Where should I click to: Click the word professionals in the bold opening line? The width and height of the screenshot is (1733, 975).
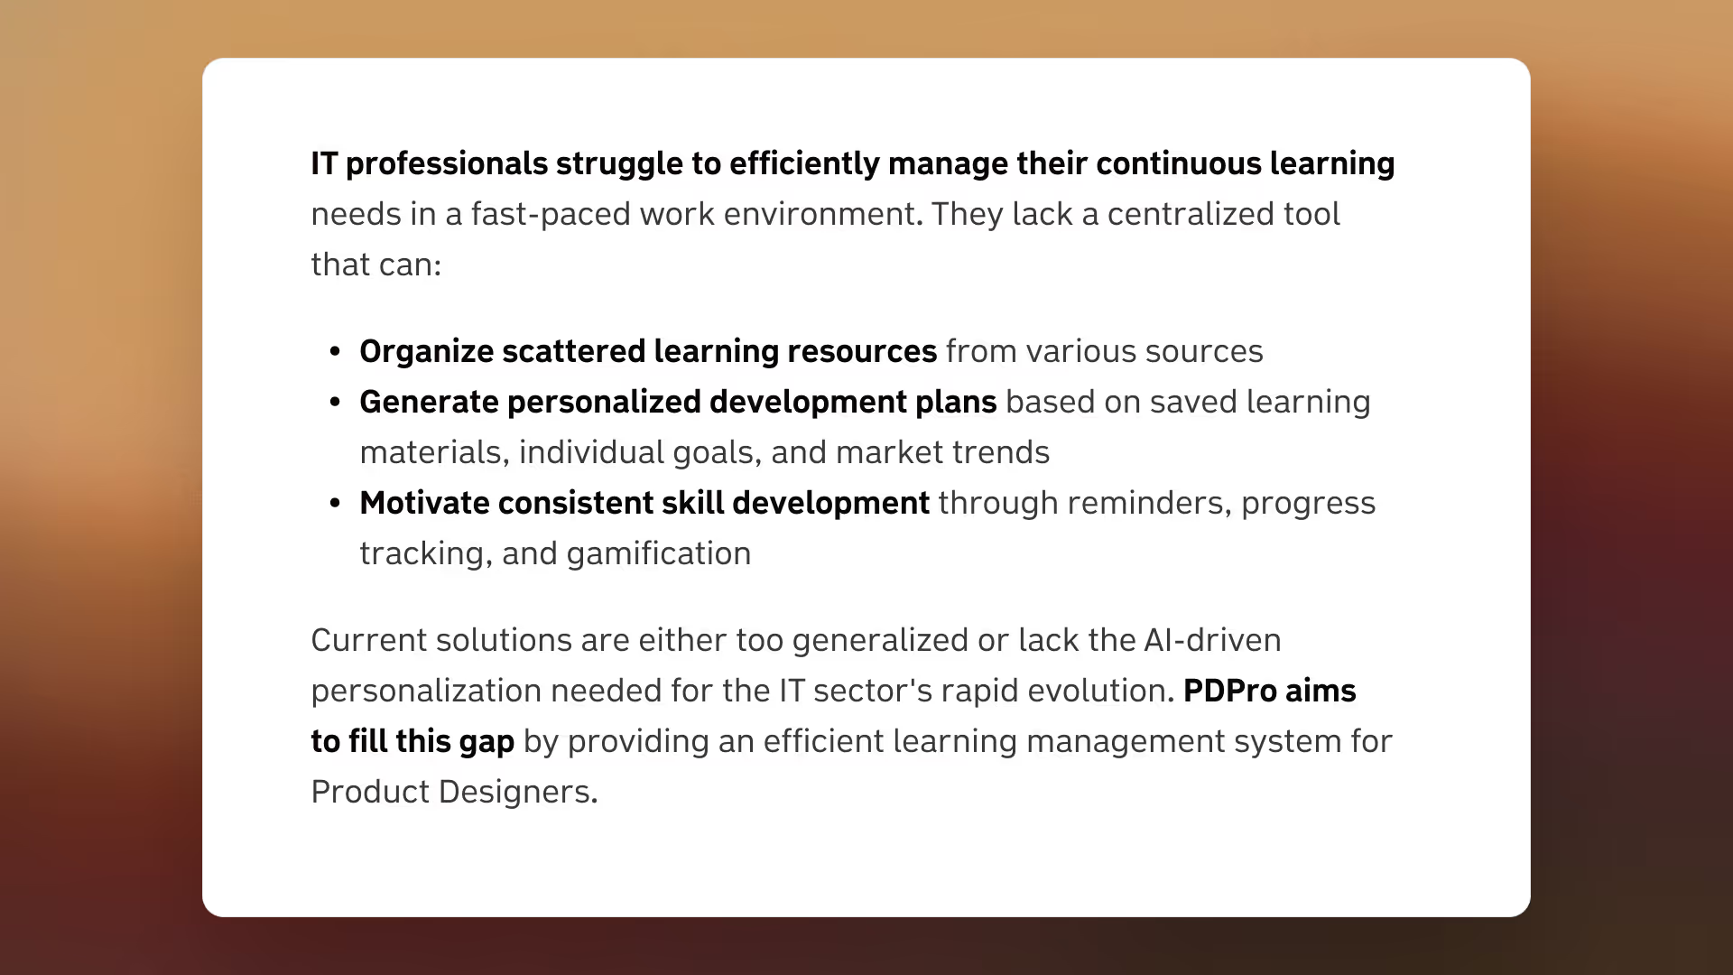point(446,164)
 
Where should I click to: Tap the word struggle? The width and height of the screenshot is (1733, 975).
point(619,164)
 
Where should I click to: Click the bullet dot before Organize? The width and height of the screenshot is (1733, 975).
point(336,352)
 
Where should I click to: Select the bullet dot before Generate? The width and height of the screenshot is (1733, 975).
point(336,403)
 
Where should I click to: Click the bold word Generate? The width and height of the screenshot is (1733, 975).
point(429,402)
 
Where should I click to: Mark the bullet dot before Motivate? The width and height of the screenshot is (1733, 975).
point(336,504)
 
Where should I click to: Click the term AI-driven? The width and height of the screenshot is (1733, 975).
point(1212,640)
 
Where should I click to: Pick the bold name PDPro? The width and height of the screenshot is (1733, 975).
point(1230,691)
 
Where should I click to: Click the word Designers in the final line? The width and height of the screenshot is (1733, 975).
point(518,792)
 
